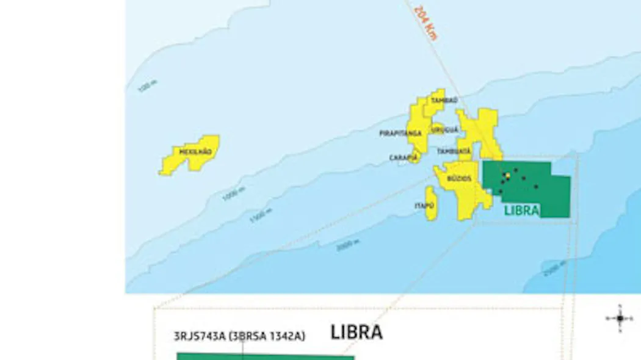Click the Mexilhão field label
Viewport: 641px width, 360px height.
(195, 151)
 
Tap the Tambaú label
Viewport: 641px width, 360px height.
(444, 100)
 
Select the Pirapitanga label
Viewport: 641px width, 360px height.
(400, 133)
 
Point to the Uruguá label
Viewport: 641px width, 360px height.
(444, 130)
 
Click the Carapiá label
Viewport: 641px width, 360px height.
(404, 157)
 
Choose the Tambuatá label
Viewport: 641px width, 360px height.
(454, 151)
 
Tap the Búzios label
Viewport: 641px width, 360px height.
(458, 179)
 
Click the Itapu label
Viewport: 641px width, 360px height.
(424, 206)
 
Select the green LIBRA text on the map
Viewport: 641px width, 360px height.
(522, 211)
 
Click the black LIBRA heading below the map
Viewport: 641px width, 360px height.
(357, 333)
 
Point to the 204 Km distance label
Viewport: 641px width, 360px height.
(426, 23)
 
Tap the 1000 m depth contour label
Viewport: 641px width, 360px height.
(233, 194)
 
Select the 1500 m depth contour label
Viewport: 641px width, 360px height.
(261, 215)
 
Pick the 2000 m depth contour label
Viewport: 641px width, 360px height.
(347, 245)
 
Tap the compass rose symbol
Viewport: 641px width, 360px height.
(620, 318)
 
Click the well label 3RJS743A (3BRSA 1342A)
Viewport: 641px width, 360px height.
(239, 336)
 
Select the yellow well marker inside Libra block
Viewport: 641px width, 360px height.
(508, 175)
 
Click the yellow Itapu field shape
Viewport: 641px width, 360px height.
(431, 204)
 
